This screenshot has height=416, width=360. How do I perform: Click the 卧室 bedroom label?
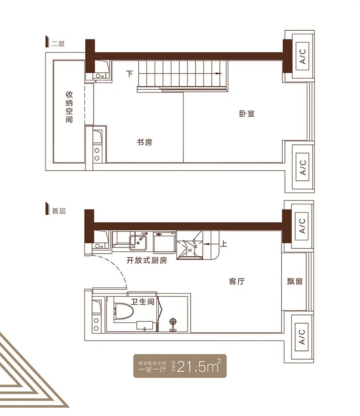tap(247, 114)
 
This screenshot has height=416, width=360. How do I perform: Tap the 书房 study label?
tap(145, 142)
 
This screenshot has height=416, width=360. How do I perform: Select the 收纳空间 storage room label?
tap(69, 107)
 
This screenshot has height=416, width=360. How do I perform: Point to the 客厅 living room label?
tap(236, 281)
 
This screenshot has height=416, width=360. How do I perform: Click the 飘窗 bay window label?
tap(295, 281)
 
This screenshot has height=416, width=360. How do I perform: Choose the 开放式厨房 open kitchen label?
tap(147, 261)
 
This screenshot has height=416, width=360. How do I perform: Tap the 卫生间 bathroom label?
tap(142, 302)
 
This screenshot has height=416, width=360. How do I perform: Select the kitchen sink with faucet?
tap(138, 241)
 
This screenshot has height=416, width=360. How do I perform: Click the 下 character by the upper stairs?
tap(129, 73)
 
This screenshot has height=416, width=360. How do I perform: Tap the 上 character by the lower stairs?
tap(223, 243)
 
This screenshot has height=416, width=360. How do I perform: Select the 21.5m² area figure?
tap(199, 366)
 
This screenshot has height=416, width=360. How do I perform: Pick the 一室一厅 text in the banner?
tap(152, 369)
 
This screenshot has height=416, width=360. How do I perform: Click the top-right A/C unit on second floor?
tap(302, 56)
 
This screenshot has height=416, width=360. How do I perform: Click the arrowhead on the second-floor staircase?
tap(219, 74)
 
